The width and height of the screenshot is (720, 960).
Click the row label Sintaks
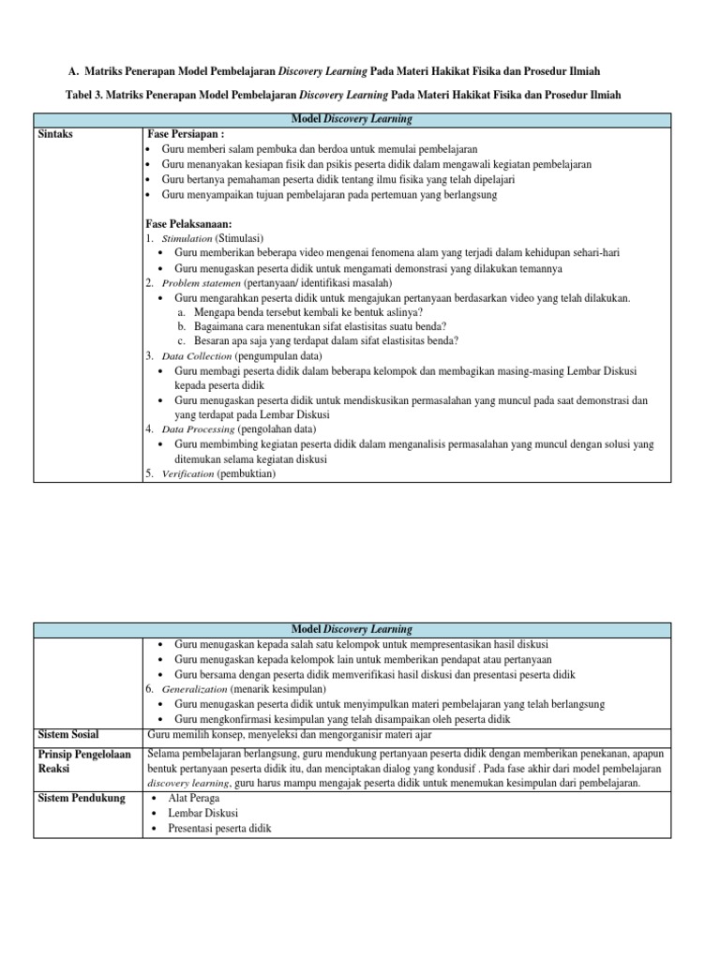tap(55, 134)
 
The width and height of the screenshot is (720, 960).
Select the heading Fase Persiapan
tap(187, 134)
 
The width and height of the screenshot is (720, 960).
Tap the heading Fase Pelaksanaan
tap(192, 224)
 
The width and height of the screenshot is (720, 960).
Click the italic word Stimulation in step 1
tap(187, 239)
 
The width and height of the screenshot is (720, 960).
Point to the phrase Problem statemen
tap(202, 283)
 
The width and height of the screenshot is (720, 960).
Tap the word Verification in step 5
tap(187, 474)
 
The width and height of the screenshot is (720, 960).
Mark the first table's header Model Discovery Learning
tap(352, 119)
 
